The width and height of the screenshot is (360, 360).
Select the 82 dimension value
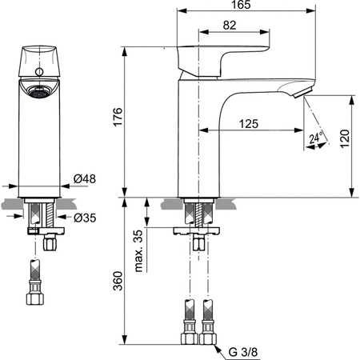[x=230, y=26]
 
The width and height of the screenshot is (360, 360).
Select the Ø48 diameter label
[x=86, y=178]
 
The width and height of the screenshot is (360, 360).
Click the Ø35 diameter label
[x=86, y=216]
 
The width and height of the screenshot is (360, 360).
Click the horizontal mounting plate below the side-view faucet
[x=199, y=229]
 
